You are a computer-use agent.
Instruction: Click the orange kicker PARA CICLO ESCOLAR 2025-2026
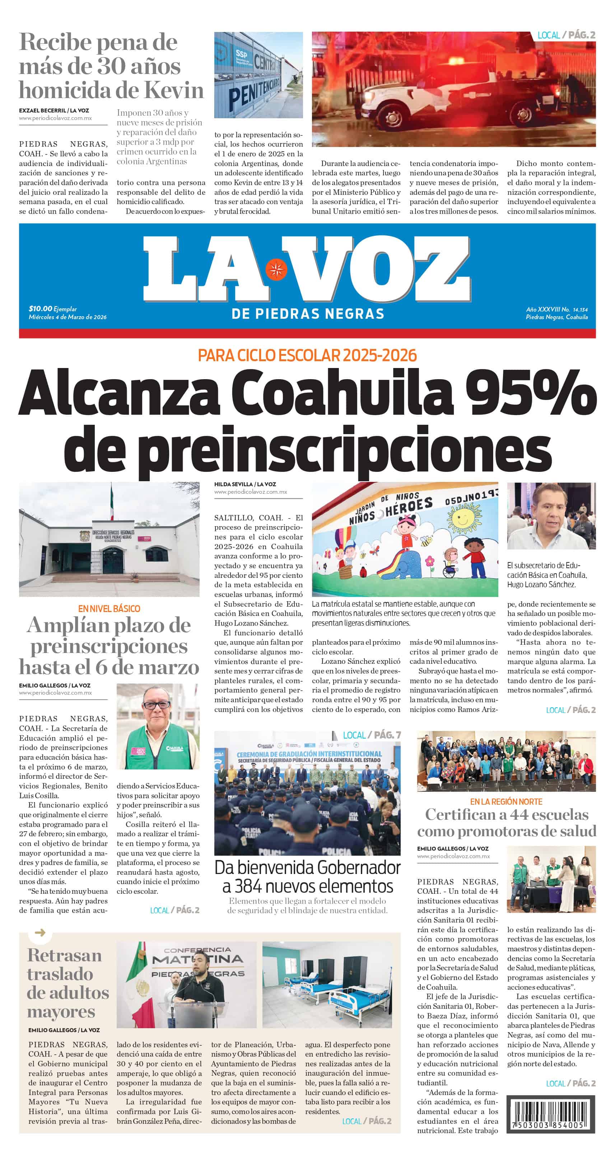point(307,355)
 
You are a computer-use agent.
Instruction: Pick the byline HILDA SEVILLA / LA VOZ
point(245,484)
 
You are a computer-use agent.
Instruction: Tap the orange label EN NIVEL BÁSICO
point(109,608)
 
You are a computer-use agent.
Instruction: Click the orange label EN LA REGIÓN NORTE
point(506,801)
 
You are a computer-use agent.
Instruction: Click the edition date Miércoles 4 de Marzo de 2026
point(67,317)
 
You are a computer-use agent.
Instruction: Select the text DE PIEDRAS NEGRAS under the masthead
point(307,314)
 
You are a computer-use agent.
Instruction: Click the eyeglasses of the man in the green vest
point(157,705)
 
